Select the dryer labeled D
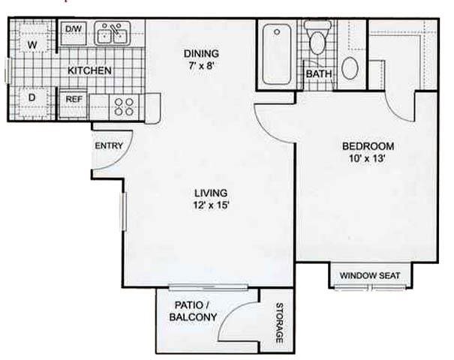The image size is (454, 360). tap(32, 97)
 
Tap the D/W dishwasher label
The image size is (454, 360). tap(74, 30)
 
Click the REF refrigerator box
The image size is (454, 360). tap(74, 98)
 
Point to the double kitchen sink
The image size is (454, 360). tap(113, 34)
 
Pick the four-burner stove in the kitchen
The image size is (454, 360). tap(125, 106)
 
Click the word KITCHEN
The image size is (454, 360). tap(90, 70)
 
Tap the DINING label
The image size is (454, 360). tap(201, 54)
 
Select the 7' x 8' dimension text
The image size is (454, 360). tap(201, 66)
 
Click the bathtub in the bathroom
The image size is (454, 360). tap(278, 54)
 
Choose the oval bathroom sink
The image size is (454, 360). tap(350, 67)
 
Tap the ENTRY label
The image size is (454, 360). tap(107, 145)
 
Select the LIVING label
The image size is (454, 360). tap(210, 192)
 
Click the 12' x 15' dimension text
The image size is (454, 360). tap(210, 205)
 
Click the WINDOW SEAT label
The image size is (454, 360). tap(369, 276)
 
